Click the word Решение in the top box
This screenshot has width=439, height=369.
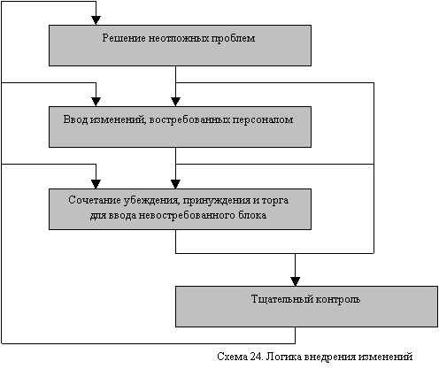(x=124, y=38)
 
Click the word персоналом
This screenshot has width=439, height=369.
(x=263, y=120)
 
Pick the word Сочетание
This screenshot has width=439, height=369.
(x=95, y=200)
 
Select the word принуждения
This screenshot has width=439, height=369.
(x=217, y=201)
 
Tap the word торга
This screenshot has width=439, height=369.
(x=275, y=201)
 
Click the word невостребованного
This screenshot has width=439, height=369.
(x=187, y=215)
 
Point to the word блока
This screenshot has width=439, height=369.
(x=252, y=215)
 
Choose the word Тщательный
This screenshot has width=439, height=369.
(x=282, y=299)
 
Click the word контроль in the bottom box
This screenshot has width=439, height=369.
(x=338, y=299)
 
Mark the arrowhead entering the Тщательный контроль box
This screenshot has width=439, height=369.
(x=295, y=281)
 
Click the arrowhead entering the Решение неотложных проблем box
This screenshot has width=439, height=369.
(x=96, y=20)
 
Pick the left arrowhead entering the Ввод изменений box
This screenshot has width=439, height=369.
(x=96, y=102)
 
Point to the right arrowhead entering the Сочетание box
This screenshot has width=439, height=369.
(x=175, y=184)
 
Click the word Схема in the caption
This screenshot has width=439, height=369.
(x=232, y=357)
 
